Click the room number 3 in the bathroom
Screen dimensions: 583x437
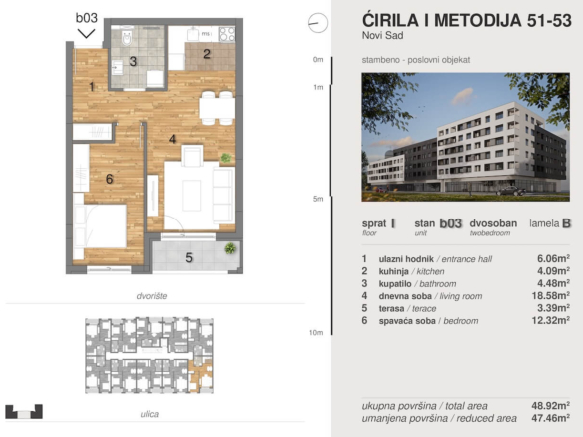[x=133, y=61]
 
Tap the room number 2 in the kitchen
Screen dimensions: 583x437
[x=207, y=54]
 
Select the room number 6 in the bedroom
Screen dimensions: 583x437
[x=110, y=179]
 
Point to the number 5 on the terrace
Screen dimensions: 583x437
[x=189, y=257]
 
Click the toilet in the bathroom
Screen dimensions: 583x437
[x=127, y=35]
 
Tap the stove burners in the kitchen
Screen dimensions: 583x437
[x=227, y=34]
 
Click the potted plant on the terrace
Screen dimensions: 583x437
[x=230, y=248]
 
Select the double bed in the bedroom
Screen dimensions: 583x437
[x=100, y=225]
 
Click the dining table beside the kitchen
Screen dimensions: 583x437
[x=217, y=108]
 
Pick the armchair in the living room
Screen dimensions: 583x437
[x=192, y=156]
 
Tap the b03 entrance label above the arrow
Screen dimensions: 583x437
[x=87, y=18]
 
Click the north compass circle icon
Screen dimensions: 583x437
[x=318, y=23]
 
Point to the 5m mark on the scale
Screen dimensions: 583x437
[x=318, y=199]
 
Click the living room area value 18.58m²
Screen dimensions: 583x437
[x=551, y=295]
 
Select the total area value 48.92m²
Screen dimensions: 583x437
[x=551, y=405]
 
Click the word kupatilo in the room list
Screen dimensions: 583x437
[x=395, y=284]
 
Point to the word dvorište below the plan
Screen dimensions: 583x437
[x=152, y=296]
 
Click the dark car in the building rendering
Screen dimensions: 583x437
[x=511, y=191]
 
